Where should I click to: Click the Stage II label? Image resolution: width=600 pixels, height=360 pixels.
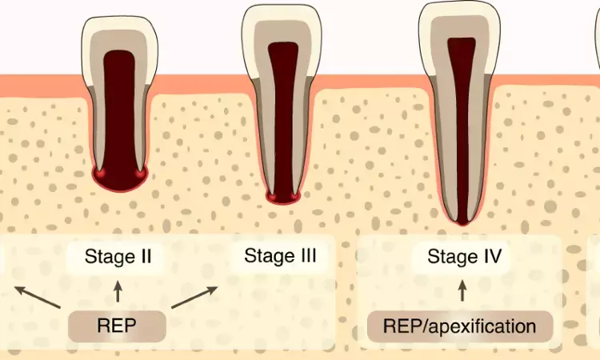pyautogui.click(x=118, y=257)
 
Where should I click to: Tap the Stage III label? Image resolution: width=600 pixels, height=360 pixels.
pyautogui.click(x=279, y=256)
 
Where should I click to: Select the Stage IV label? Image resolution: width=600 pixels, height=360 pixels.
pyautogui.click(x=464, y=257)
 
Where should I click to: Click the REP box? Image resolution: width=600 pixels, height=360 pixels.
pyautogui.click(x=118, y=326)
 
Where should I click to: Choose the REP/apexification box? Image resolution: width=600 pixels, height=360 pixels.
pyautogui.click(x=460, y=326)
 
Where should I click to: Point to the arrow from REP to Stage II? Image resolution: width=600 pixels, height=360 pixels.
pyautogui.click(x=118, y=290)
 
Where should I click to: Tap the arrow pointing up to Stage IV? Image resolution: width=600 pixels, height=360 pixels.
pyautogui.click(x=462, y=290)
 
